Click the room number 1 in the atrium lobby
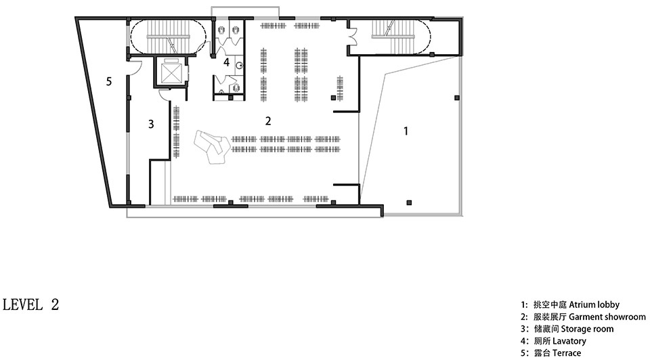coord(406,131)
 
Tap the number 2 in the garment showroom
coord(268,121)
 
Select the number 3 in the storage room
coord(151,124)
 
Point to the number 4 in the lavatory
coord(226,62)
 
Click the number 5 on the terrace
coord(109,81)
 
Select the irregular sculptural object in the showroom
coord(212,147)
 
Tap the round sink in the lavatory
coord(239,66)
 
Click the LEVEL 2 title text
coord(31,305)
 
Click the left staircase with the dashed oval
coord(168,37)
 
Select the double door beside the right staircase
coord(353,36)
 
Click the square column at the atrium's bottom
coord(409,202)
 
